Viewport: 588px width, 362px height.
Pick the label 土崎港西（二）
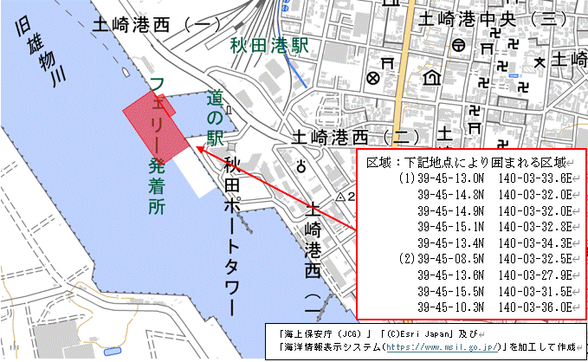[x=355, y=137]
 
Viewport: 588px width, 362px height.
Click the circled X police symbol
[x=373, y=78]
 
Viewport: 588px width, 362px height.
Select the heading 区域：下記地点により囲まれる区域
[x=468, y=162]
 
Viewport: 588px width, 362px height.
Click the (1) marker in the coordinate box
[x=407, y=178]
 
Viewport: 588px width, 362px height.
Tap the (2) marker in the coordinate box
[x=407, y=258]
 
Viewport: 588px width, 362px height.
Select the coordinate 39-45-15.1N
[x=446, y=226]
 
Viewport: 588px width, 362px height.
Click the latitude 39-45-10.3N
[x=446, y=307]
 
